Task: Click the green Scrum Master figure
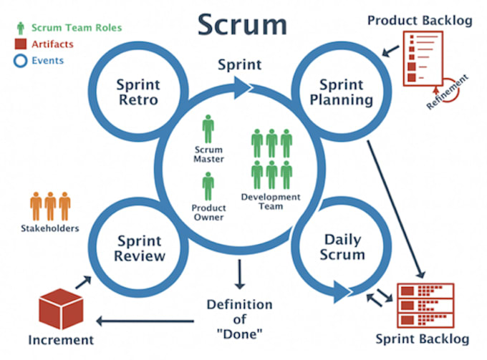(x=208, y=129)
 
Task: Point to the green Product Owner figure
(x=208, y=185)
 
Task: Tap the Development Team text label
(x=271, y=202)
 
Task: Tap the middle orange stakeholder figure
(x=50, y=206)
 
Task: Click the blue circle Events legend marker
(x=19, y=61)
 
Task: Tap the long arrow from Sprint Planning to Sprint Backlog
(x=395, y=208)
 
